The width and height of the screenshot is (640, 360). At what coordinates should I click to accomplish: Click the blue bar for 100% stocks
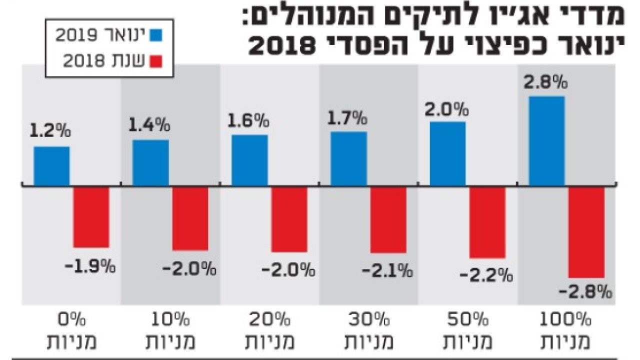click(546, 141)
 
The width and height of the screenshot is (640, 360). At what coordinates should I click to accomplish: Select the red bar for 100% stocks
click(586, 232)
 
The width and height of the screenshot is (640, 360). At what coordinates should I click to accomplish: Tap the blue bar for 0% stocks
click(51, 166)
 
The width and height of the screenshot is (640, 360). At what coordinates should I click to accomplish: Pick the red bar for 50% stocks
click(487, 222)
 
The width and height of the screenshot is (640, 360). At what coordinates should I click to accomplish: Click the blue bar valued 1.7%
click(348, 158)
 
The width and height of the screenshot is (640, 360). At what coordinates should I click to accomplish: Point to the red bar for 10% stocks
click(190, 218)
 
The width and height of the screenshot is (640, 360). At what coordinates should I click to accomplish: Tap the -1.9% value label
click(90, 265)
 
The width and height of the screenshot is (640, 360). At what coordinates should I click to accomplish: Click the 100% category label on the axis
click(567, 319)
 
